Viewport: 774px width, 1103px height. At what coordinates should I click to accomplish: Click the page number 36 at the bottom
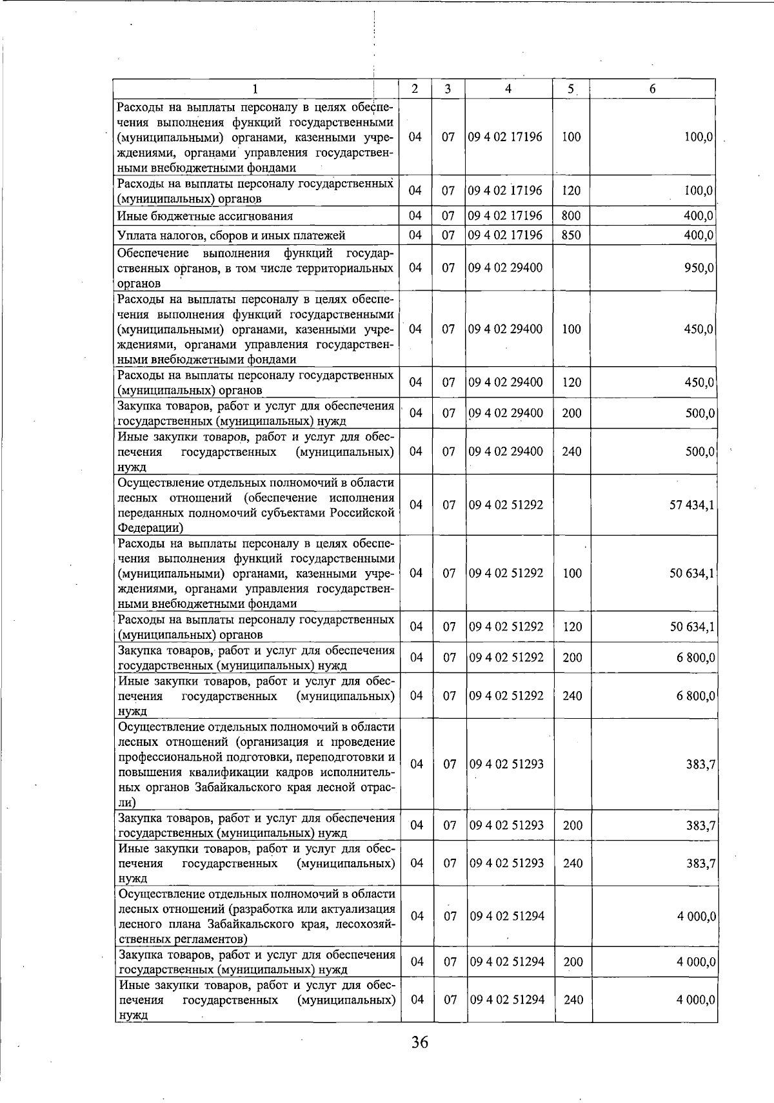(419, 1042)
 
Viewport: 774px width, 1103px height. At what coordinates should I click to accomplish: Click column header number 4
(508, 89)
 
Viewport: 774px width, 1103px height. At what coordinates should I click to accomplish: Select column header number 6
(652, 89)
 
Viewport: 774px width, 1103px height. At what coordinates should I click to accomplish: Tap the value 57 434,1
(691, 505)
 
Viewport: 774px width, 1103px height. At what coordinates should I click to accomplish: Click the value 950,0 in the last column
(698, 268)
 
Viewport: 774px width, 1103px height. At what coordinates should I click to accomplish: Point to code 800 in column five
(571, 216)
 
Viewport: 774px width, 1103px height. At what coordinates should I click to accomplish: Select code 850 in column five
(571, 235)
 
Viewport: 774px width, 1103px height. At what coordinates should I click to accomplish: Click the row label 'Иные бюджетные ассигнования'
(204, 217)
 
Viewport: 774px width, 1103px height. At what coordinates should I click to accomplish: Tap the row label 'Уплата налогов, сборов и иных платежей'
(231, 236)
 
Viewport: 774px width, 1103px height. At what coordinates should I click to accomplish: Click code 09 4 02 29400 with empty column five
(506, 268)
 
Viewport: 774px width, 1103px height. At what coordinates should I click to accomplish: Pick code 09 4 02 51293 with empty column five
(506, 765)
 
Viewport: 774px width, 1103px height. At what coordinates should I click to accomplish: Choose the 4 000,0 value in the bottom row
(696, 1000)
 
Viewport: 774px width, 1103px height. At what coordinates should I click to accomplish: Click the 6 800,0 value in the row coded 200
(696, 658)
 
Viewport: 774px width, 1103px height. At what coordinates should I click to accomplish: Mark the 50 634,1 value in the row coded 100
(692, 574)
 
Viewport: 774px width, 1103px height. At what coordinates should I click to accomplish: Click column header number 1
(256, 89)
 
